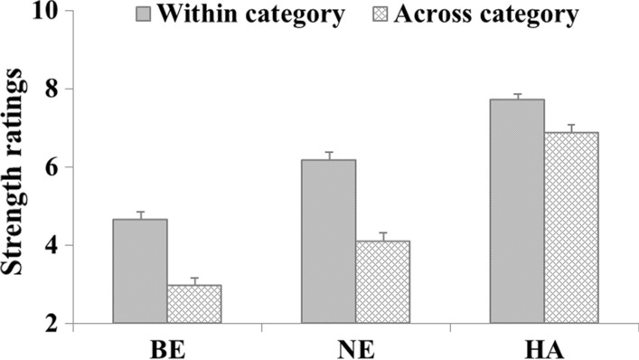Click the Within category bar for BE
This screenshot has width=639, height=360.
(140, 270)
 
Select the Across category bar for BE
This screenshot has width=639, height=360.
(193, 304)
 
